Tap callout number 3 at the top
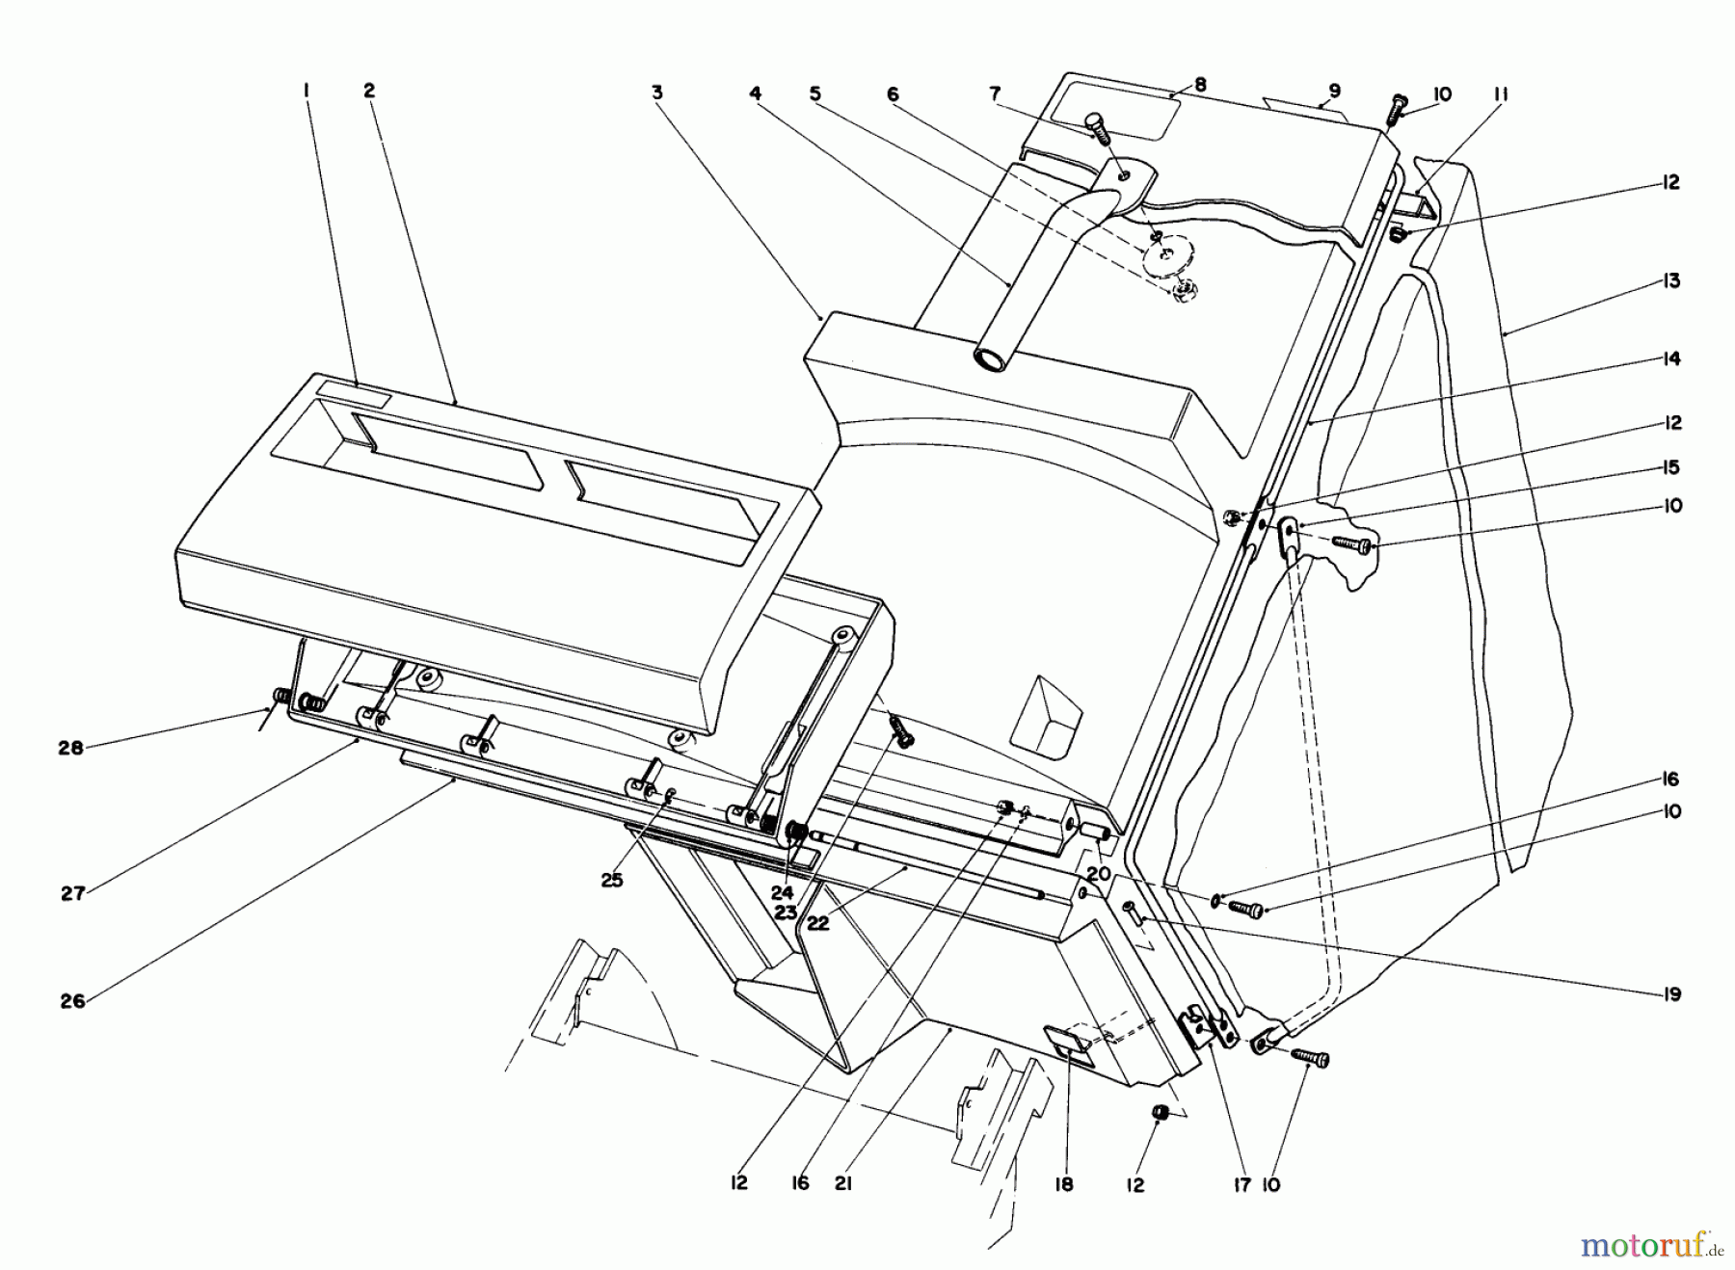click(x=656, y=93)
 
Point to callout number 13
click(x=1670, y=280)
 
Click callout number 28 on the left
click(x=70, y=747)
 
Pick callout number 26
click(x=72, y=1001)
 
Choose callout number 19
click(x=1671, y=993)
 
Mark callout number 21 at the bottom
click(x=843, y=1184)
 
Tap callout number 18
click(x=1063, y=1184)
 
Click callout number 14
click(x=1670, y=358)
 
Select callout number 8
click(x=1200, y=84)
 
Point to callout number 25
click(x=612, y=879)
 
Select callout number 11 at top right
click(x=1500, y=93)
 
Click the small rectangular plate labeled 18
click(x=1067, y=1042)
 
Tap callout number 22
click(x=818, y=922)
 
